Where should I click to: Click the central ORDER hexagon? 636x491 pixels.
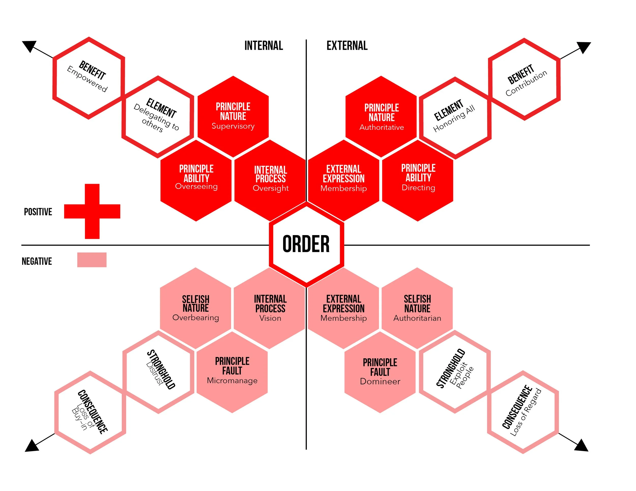(306, 244)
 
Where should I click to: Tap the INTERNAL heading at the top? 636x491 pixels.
(264, 46)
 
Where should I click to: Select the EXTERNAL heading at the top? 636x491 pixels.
(347, 46)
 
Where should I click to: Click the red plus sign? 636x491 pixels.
(92, 211)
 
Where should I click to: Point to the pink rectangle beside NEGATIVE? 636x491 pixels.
(92, 259)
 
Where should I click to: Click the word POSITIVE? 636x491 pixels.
(38, 212)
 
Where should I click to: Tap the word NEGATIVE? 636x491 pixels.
(37, 261)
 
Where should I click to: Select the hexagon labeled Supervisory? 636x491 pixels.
(233, 116)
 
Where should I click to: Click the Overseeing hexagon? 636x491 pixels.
(196, 180)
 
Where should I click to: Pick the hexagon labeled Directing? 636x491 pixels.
(418, 180)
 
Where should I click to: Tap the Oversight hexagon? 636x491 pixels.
(270, 180)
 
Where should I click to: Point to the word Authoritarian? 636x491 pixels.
(417, 318)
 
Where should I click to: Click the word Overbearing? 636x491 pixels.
(196, 317)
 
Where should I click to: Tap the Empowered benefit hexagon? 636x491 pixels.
(89, 78)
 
